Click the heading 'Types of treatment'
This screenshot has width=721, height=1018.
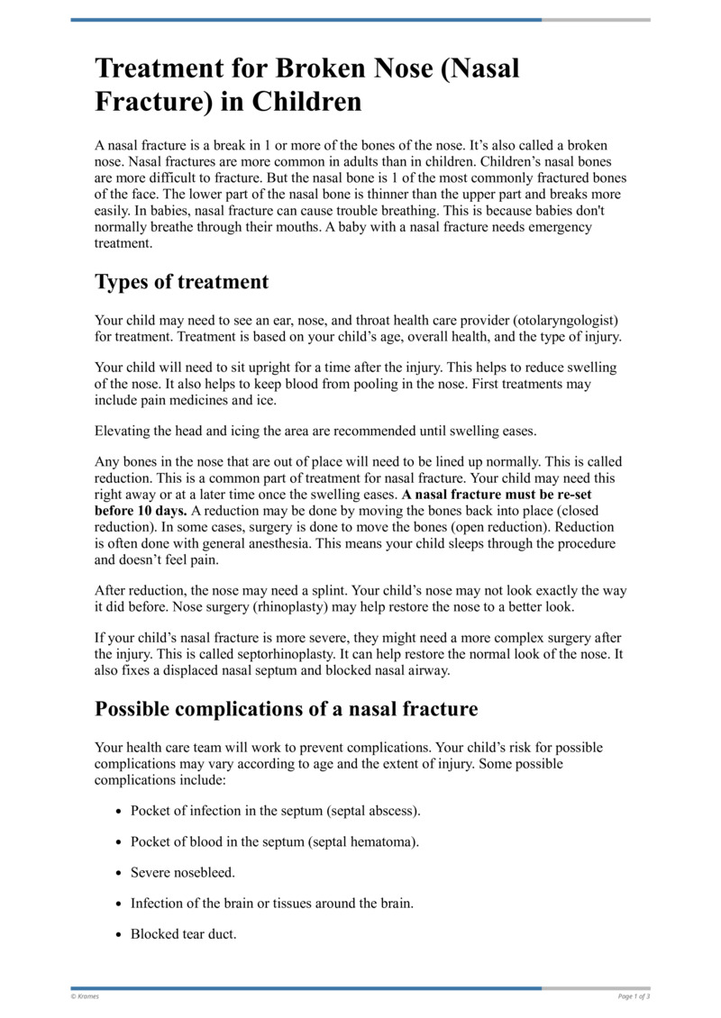click(x=181, y=282)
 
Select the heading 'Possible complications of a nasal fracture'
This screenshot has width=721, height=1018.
click(x=286, y=709)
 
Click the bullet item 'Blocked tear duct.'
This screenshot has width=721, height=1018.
click(x=183, y=934)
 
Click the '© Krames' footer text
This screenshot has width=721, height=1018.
click(x=85, y=996)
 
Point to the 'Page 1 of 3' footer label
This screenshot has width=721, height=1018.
click(x=634, y=996)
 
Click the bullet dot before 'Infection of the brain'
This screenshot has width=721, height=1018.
click(x=119, y=904)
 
